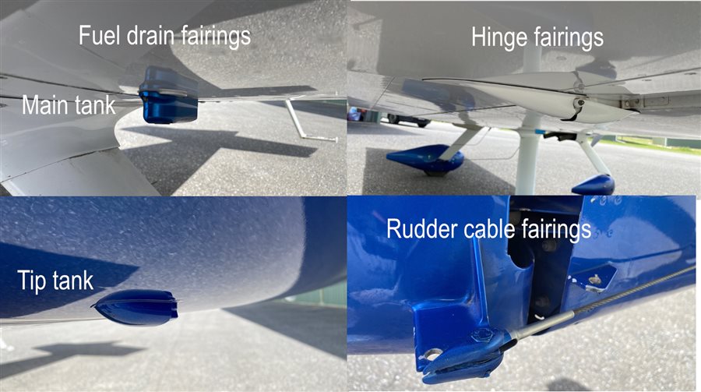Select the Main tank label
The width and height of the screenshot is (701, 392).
pos(69,105)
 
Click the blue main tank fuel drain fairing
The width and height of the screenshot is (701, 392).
pos(169,95)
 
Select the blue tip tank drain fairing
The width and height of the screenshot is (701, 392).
pos(136,307)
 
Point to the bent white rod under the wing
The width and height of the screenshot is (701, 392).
pos(308,122)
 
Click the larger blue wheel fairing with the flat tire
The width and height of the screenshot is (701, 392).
pos(425,160)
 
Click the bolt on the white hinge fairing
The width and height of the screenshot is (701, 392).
pos(579,102)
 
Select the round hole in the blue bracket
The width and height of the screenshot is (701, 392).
pos(432,355)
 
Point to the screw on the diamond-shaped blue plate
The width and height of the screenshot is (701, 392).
pos(594,280)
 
